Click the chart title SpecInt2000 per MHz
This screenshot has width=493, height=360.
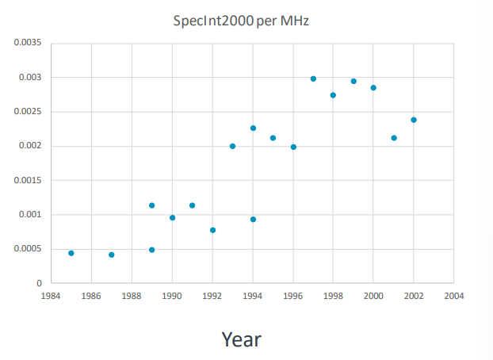click(240, 19)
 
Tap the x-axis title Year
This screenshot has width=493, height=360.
click(241, 339)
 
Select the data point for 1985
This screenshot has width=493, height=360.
click(71, 253)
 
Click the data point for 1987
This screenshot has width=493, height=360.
click(112, 255)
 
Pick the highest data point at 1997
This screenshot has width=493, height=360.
click(313, 79)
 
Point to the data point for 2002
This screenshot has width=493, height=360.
click(414, 120)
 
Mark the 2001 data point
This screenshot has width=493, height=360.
click(394, 138)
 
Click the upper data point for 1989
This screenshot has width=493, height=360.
click(152, 205)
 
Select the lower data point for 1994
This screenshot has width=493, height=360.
click(253, 220)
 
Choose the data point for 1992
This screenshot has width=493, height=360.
click(212, 230)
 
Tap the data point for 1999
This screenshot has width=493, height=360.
click(354, 81)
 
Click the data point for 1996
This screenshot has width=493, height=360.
click(293, 147)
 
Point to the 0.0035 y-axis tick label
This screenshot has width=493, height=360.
click(28, 43)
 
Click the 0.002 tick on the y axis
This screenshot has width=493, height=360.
click(30, 146)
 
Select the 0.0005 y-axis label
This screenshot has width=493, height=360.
click(28, 249)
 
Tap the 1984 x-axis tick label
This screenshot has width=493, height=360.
click(52, 296)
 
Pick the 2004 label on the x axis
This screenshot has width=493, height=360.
click(454, 296)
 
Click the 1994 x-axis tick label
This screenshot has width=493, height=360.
click(253, 296)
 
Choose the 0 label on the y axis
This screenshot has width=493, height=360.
click(39, 283)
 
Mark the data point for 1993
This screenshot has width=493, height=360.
click(232, 146)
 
